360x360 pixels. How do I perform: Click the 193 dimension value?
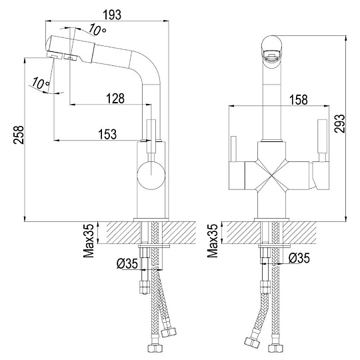pyautogui.click(x=112, y=15)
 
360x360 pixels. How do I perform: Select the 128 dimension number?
pyautogui.click(x=115, y=99)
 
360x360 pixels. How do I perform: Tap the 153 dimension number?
pyautogui.click(x=107, y=134)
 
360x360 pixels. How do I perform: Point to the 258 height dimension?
pyautogui.click(x=19, y=135)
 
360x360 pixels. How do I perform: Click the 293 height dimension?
pyautogui.click(x=339, y=123)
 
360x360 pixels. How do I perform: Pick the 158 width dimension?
pyautogui.click(x=299, y=100)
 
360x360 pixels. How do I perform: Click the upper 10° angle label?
pyautogui.click(x=97, y=29)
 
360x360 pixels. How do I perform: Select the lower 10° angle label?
pyautogui.click(x=41, y=83)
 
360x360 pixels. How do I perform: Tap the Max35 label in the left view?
pyautogui.click(x=89, y=241)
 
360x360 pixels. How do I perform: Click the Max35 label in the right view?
pyautogui.click(x=213, y=241)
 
